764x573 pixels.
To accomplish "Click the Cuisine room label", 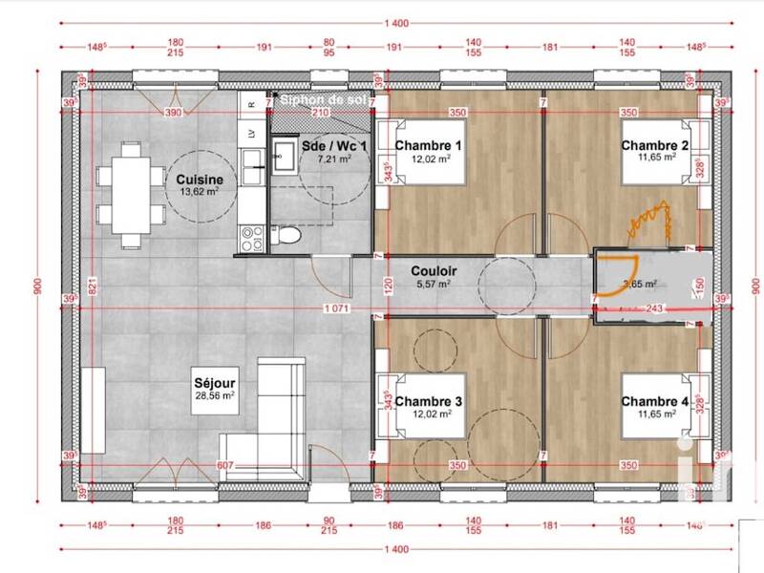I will coord(200,179).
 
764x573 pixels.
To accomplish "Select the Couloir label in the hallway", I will coord(435,271).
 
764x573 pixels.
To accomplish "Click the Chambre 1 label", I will coord(429,145).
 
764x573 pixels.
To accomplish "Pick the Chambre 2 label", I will coord(654,145).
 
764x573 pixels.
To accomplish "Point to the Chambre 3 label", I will coord(429,402).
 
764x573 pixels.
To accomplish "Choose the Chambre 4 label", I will coord(654,402).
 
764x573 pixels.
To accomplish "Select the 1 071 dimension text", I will coord(335,308).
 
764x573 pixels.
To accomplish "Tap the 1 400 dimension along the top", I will coord(395,23).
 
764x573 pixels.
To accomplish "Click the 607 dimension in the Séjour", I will coord(224,465).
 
